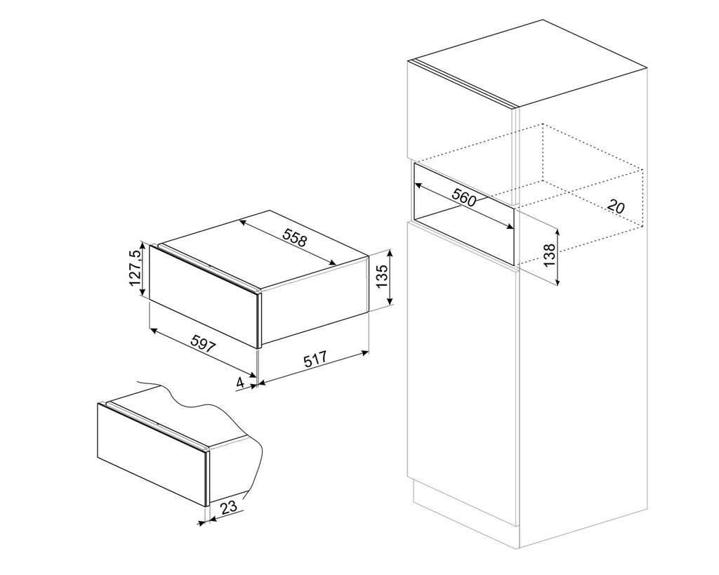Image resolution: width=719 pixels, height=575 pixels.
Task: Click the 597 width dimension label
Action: [x=203, y=344]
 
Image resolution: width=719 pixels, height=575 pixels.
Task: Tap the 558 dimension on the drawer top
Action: [x=294, y=238]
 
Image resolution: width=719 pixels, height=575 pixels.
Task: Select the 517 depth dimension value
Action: [x=315, y=357]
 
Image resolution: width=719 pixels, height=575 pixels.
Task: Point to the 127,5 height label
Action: [x=136, y=268]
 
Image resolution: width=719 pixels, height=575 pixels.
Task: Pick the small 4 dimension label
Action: [x=241, y=382]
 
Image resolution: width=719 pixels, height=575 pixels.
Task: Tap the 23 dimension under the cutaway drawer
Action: [x=228, y=507]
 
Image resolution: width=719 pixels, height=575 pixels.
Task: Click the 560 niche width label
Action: [x=463, y=197]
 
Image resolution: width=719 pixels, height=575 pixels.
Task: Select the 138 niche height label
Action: [x=549, y=255]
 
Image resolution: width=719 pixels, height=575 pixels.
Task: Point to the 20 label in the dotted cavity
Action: [x=616, y=206]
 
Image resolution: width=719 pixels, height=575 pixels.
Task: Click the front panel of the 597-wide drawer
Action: [x=204, y=296]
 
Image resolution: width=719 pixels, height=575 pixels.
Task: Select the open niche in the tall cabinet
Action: [x=463, y=213]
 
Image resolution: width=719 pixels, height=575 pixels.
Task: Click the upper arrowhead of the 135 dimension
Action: [x=390, y=253]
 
